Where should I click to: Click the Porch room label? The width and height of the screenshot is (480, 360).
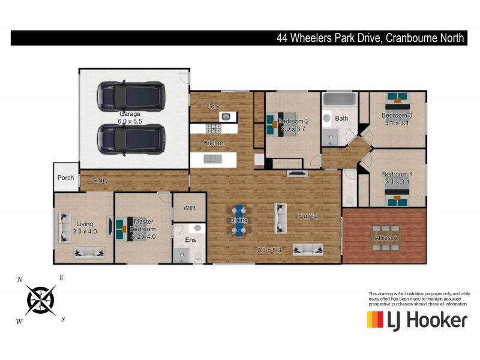point(65,178)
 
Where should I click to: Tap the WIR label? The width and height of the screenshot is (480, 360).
point(189,208)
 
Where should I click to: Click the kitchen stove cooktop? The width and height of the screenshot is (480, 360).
point(214,128)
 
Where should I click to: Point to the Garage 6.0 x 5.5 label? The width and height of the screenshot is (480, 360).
point(130,117)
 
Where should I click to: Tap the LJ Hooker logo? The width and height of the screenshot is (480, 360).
point(416,320)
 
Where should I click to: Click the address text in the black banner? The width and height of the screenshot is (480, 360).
point(370,38)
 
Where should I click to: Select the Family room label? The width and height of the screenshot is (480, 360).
point(307,216)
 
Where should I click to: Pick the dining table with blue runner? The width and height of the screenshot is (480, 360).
point(239,220)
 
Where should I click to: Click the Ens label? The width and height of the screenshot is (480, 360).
point(190,239)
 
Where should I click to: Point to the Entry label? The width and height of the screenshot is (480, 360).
point(101,180)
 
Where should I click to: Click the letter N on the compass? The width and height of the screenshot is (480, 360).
point(20,280)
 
